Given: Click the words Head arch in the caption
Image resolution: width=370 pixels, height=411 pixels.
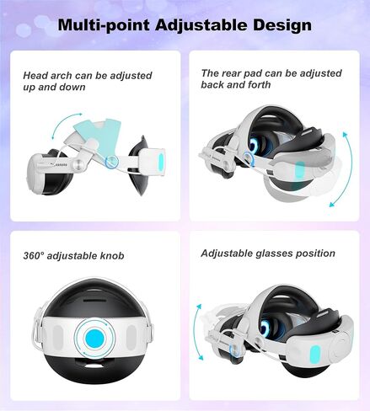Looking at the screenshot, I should coord(45,75).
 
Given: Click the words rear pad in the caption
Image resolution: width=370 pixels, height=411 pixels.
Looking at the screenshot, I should coord(244,73).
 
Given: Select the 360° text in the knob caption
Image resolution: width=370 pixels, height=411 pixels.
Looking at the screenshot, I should coord(36,254).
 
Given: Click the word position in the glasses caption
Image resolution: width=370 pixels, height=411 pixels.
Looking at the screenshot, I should coord(312,254).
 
